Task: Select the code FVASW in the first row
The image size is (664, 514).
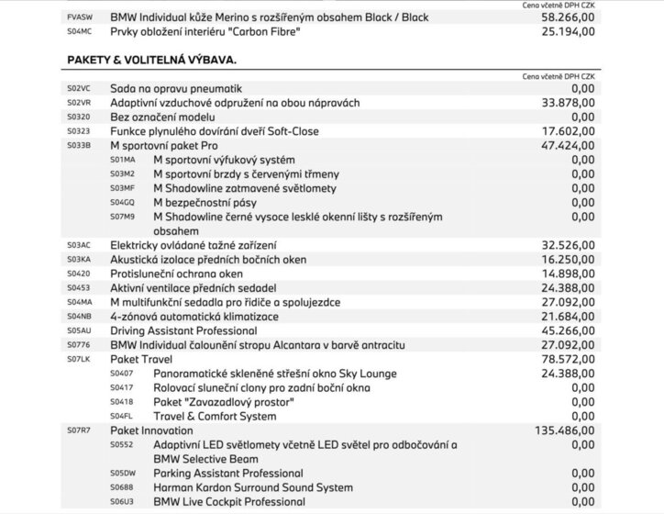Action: (80, 17)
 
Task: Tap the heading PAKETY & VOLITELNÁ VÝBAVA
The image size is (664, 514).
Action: (151, 59)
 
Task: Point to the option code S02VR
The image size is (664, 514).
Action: (79, 103)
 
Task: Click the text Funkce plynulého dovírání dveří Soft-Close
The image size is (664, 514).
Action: (214, 131)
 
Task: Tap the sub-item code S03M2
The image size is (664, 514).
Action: (122, 173)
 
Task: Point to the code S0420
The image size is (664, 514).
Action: (79, 274)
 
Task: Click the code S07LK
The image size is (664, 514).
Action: (79, 359)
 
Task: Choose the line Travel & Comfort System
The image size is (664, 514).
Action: (215, 416)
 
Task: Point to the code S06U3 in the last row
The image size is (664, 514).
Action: (122, 502)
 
